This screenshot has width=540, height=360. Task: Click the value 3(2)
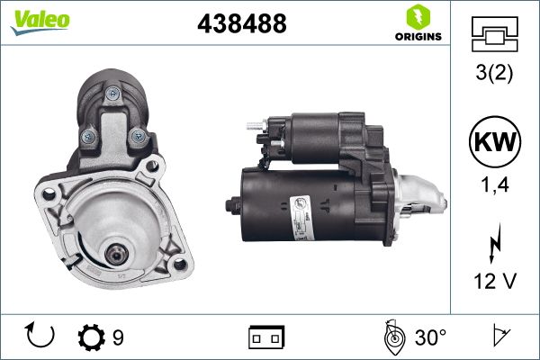pos(494,76)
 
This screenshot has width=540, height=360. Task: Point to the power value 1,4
pos(494,186)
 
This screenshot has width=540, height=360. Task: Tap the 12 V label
pos(494,281)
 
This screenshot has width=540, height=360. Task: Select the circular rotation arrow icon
pos(41,337)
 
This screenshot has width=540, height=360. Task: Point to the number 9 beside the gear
pos(118,337)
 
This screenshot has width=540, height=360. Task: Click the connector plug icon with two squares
pos(266,337)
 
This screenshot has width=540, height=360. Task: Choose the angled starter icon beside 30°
pos(391,337)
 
